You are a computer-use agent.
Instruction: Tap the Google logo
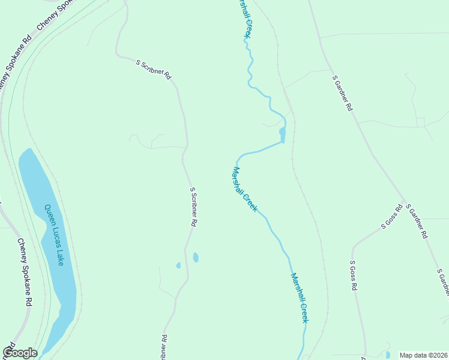click(20, 353)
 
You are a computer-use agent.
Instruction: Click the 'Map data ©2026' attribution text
click(423, 355)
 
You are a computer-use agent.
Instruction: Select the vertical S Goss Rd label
click(354, 275)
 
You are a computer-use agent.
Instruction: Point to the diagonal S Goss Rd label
click(391, 217)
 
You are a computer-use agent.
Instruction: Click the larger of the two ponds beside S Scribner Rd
click(196, 257)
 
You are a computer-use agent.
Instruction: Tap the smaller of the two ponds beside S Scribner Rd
click(178, 265)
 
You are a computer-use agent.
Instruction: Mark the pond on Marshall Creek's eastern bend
click(283, 134)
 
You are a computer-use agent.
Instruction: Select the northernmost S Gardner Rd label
click(343, 93)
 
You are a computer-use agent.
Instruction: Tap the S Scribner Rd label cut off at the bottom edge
click(163, 347)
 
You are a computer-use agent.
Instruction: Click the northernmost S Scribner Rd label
click(154, 70)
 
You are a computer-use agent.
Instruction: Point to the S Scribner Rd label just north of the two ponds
click(193, 206)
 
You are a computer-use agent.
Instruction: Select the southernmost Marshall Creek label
click(299, 298)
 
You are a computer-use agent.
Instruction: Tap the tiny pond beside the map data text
click(388, 355)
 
